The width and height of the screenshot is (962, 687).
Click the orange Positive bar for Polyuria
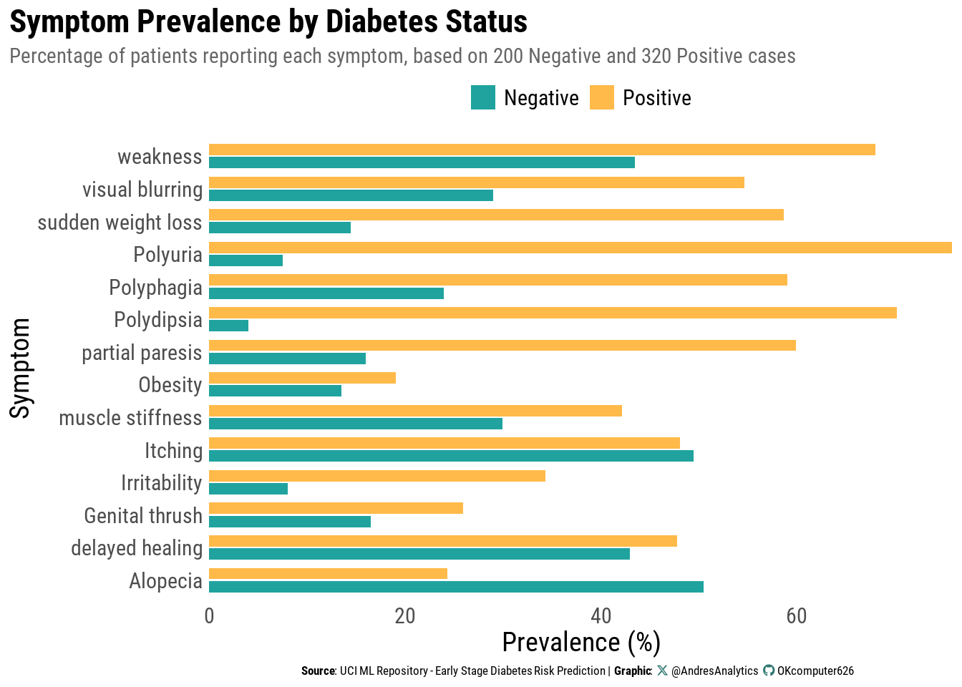pos(580,248)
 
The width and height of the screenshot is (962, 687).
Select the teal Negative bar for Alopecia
pos(456,587)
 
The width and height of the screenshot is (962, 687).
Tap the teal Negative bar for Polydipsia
pos(228,326)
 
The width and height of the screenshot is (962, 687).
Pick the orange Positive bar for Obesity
pos(302,378)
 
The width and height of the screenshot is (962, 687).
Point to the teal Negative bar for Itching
pos(451,456)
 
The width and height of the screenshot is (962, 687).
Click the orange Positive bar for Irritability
pos(377,476)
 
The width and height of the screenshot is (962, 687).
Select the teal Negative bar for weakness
pos(422,162)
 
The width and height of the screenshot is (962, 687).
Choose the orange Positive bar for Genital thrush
pos(336,508)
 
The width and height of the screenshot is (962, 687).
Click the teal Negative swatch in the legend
pos(483,98)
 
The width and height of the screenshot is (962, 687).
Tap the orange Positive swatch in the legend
pos(602,98)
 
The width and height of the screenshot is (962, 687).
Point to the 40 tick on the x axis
pos(601,616)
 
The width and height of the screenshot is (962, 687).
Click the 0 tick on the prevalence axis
pos(209,616)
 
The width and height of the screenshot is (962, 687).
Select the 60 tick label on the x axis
pos(796,616)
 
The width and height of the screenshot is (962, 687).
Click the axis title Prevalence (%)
pos(581,643)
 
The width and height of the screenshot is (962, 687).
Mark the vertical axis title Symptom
pos(20,368)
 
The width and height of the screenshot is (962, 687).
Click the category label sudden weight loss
pos(120,223)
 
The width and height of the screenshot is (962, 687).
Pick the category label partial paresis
pos(142,353)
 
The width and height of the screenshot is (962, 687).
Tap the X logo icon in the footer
pos(662,671)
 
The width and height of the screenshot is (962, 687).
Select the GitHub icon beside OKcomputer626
pos(769,671)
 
